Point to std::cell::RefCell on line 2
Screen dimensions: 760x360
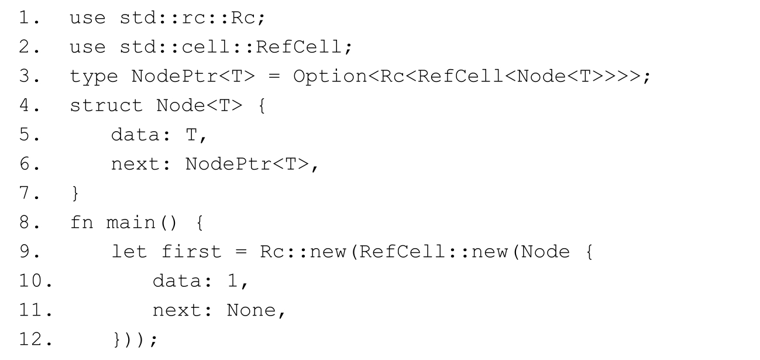tap(219, 47)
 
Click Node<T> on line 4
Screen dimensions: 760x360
tap(194, 105)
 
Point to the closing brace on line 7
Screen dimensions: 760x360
tap(74, 193)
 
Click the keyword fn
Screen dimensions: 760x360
tap(82, 222)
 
